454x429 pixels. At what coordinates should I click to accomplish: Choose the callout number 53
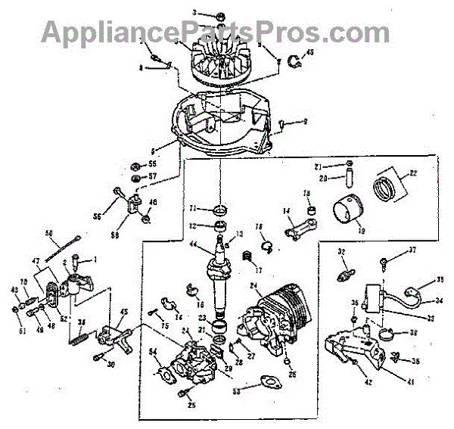point(236,391)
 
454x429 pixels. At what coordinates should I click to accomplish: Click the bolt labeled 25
point(185,394)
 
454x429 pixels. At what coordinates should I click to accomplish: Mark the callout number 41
point(411,382)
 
